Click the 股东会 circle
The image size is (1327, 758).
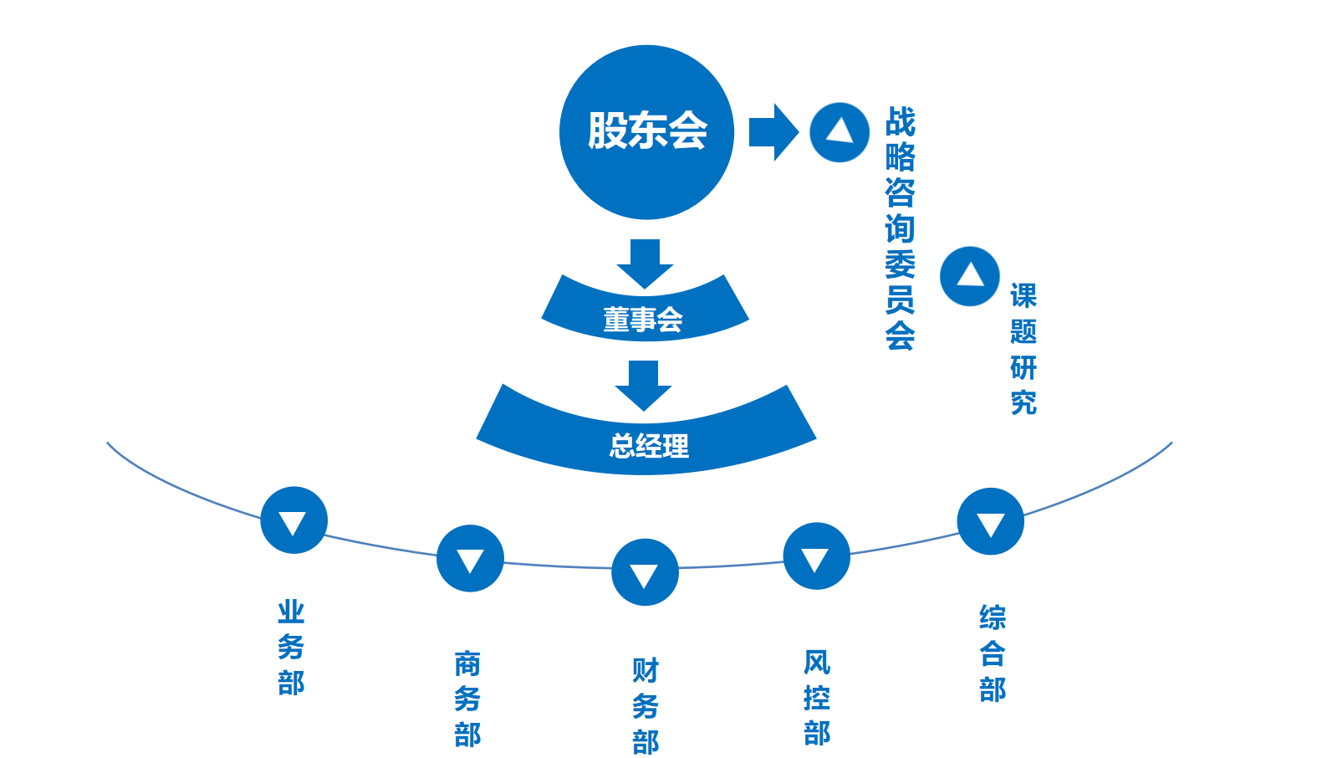pos(646,132)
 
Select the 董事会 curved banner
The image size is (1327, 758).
pos(645,315)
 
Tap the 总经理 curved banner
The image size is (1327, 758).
pos(646,440)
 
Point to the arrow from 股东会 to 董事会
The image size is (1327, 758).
pos(645,263)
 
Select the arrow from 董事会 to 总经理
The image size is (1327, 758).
pos(643,384)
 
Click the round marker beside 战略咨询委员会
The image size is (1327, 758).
pos(840,132)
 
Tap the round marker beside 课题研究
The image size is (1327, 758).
pos(970,276)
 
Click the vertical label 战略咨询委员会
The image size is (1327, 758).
pos(900,228)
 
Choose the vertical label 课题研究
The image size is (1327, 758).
pos(1023,349)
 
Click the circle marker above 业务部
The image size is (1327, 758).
pos(293,520)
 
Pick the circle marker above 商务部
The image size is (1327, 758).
pos(470,558)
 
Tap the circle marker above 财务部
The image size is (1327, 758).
pos(645,572)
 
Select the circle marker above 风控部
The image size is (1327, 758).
pos(816,556)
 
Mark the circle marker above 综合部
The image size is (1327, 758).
pos(990,521)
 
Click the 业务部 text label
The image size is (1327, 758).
pos(291,647)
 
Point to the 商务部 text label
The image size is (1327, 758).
pos(467,699)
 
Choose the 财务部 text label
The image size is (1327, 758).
pos(646,706)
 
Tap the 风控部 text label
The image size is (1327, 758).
pos(816,697)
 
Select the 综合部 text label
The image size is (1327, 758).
pos(993,653)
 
